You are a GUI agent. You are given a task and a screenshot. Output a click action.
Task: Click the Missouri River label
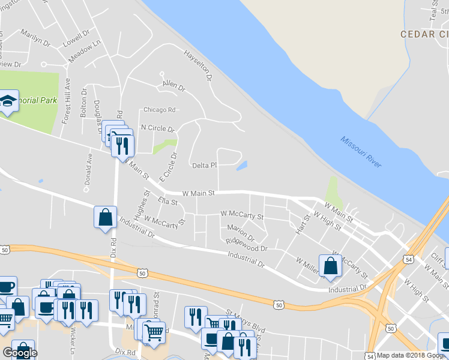pyautogui.click(x=361, y=152)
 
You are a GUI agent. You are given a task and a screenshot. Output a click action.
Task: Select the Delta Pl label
pyautogui.click(x=203, y=165)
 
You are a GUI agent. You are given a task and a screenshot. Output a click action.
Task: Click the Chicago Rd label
pyautogui.click(x=159, y=110)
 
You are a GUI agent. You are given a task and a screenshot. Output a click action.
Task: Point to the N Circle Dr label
pyautogui.click(x=157, y=128)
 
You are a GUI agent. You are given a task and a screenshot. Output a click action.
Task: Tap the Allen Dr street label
pyautogui.click(x=173, y=87)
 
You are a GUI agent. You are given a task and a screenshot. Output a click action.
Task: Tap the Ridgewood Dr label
pyautogui.click(x=247, y=245)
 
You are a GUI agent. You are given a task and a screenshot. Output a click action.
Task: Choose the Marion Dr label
pyautogui.click(x=241, y=232)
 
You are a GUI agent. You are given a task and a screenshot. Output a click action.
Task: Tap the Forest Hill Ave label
pyautogui.click(x=67, y=101)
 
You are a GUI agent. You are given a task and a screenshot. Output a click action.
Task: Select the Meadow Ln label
pyautogui.click(x=84, y=53)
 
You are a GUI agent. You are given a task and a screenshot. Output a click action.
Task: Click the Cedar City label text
pyautogui.click(x=425, y=34)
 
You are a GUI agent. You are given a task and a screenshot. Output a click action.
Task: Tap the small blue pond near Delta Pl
pyautogui.click(x=242, y=165)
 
